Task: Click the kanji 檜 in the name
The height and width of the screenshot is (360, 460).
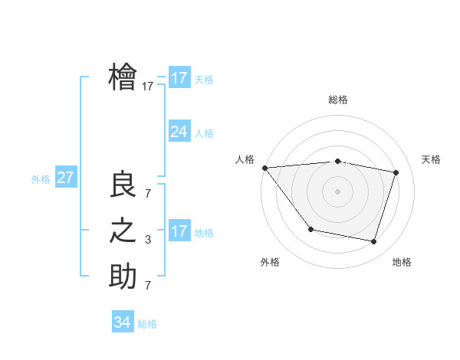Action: (123, 77)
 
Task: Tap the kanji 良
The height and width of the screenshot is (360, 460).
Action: (123, 185)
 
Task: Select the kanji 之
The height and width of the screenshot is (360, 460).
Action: (123, 231)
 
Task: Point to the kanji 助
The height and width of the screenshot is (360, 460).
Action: (123, 276)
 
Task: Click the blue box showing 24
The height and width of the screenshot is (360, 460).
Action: (179, 132)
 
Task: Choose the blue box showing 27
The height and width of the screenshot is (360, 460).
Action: (65, 178)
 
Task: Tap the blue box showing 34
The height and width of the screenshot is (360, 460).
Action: (122, 322)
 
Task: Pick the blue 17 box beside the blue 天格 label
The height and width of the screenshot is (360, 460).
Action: (179, 78)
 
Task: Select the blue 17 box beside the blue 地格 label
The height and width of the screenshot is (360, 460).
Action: (179, 231)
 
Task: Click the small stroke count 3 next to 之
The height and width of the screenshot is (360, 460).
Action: (148, 240)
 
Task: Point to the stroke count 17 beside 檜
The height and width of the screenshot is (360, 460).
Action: (148, 87)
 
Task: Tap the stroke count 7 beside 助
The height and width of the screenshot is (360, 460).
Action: (148, 286)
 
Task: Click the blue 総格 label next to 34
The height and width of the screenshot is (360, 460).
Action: (147, 324)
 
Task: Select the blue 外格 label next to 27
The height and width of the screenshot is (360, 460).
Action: (41, 179)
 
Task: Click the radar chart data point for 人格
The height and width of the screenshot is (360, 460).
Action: (264, 167)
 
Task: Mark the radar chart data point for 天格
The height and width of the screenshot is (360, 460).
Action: (396, 172)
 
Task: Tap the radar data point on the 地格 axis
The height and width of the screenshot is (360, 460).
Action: (373, 241)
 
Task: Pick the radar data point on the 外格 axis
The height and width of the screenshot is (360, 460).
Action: (310, 229)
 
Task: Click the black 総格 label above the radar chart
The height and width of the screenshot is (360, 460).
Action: (338, 100)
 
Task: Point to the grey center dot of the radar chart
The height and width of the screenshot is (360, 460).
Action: (337, 191)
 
